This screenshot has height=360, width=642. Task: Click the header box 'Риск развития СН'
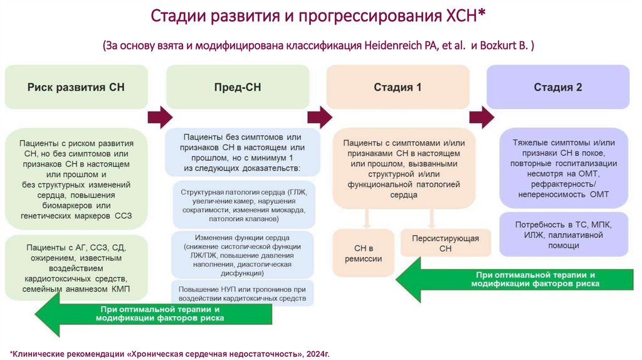76,87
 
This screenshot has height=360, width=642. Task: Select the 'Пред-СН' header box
237,87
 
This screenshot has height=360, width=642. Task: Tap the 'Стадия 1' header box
397,87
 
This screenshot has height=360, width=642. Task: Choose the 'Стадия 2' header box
558,87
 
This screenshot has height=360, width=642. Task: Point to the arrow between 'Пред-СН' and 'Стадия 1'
320,116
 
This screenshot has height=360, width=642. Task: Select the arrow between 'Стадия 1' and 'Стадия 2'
481,116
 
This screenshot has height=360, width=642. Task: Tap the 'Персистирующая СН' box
445,243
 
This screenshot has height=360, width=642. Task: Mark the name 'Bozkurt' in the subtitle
502,46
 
